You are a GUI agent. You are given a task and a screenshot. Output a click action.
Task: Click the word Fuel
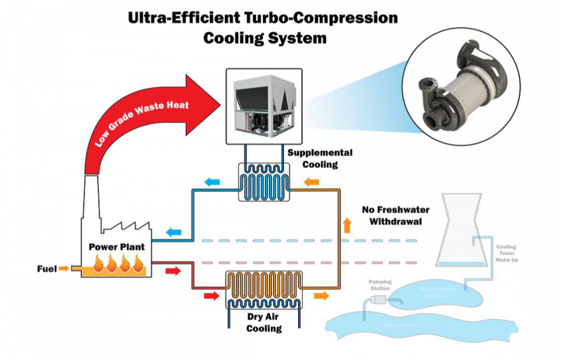click(47, 269)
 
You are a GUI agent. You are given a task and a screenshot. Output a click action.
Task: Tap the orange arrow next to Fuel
click(64, 269)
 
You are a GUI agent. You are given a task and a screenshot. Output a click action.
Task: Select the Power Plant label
click(116, 247)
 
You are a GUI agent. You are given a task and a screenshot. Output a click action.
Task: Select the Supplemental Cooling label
click(320, 158)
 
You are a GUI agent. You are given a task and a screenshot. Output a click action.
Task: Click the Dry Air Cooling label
click(264, 323)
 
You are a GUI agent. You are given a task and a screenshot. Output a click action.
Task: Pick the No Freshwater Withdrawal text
click(395, 215)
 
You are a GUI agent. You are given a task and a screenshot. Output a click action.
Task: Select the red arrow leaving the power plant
click(173, 271)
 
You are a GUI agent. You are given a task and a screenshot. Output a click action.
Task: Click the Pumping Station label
click(380, 285)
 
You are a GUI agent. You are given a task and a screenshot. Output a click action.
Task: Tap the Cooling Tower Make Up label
click(507, 254)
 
